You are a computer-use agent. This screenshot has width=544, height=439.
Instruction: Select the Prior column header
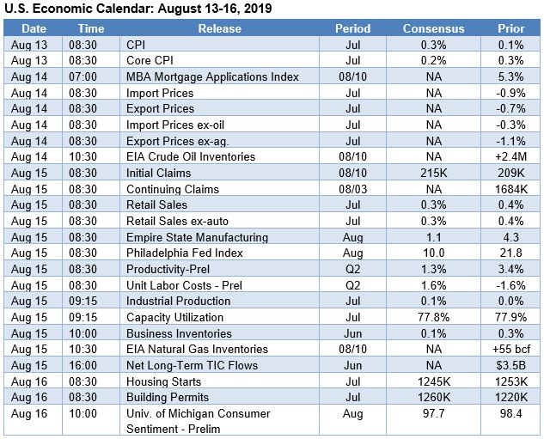pos(510,28)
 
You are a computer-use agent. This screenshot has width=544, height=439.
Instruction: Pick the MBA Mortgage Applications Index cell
pos(212,76)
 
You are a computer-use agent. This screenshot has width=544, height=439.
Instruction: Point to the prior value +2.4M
pos(510,156)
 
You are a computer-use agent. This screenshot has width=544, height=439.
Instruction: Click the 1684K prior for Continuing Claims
pos(510,189)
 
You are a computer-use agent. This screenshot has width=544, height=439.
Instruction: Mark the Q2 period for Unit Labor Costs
pos(352,285)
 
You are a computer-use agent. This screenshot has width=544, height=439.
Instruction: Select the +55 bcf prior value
pos(510,350)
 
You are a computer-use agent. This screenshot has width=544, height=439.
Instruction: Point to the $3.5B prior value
pos(510,365)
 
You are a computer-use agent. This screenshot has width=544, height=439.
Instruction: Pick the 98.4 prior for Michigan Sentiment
pos(510,414)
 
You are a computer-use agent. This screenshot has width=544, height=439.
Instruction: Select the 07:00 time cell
pos(90,76)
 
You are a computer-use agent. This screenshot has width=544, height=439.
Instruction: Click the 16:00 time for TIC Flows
pos(90,365)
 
